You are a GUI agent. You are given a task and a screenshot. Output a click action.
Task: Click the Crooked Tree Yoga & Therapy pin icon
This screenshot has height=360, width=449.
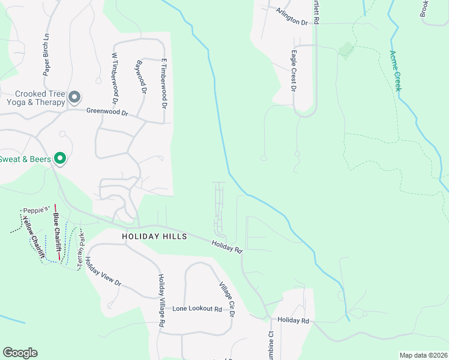tap(74, 97)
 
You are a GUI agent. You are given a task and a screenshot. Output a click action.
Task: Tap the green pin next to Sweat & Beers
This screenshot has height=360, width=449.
tap(60, 158)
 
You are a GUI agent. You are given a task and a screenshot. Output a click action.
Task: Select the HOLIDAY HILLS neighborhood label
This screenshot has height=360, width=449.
tap(154, 236)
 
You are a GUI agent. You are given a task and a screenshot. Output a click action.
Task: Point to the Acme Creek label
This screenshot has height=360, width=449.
tap(396, 71)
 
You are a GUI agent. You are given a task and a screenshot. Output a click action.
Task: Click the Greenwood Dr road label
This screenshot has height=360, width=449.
tap(107, 112)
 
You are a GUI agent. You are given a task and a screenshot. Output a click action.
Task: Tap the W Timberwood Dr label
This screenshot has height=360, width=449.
tap(113, 76)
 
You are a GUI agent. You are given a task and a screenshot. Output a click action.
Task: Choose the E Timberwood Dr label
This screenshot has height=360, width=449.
tap(163, 83)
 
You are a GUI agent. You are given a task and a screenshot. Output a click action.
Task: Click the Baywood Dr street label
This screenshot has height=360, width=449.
tap(141, 77)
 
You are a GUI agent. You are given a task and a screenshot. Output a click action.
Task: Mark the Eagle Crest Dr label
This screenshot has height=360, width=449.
tap(294, 71)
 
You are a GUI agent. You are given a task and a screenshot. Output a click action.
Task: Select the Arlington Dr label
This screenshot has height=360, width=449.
tap(292, 16)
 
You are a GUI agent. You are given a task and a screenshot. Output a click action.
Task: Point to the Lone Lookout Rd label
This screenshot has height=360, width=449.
tap(197, 308)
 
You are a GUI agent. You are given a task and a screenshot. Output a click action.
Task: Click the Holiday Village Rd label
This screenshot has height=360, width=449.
tap(161, 299)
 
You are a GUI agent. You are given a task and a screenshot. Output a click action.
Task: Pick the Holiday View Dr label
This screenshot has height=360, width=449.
tap(103, 271)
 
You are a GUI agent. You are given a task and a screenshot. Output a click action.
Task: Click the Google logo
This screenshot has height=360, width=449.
tap(20, 353)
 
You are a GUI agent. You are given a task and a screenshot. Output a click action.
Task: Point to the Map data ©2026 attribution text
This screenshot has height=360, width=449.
tap(423, 355)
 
